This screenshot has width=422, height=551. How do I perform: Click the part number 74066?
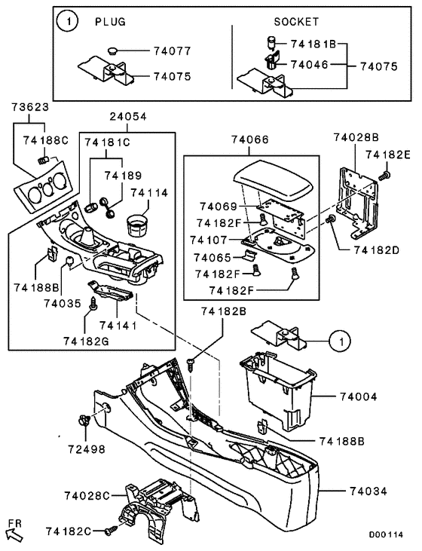click(249, 139)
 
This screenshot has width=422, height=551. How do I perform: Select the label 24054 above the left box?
click(127, 117)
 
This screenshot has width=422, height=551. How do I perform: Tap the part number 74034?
click(368, 491)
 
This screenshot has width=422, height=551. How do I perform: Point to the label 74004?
click(359, 396)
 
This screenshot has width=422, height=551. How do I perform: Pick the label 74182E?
click(387, 154)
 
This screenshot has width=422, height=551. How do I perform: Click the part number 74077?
click(174, 52)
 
